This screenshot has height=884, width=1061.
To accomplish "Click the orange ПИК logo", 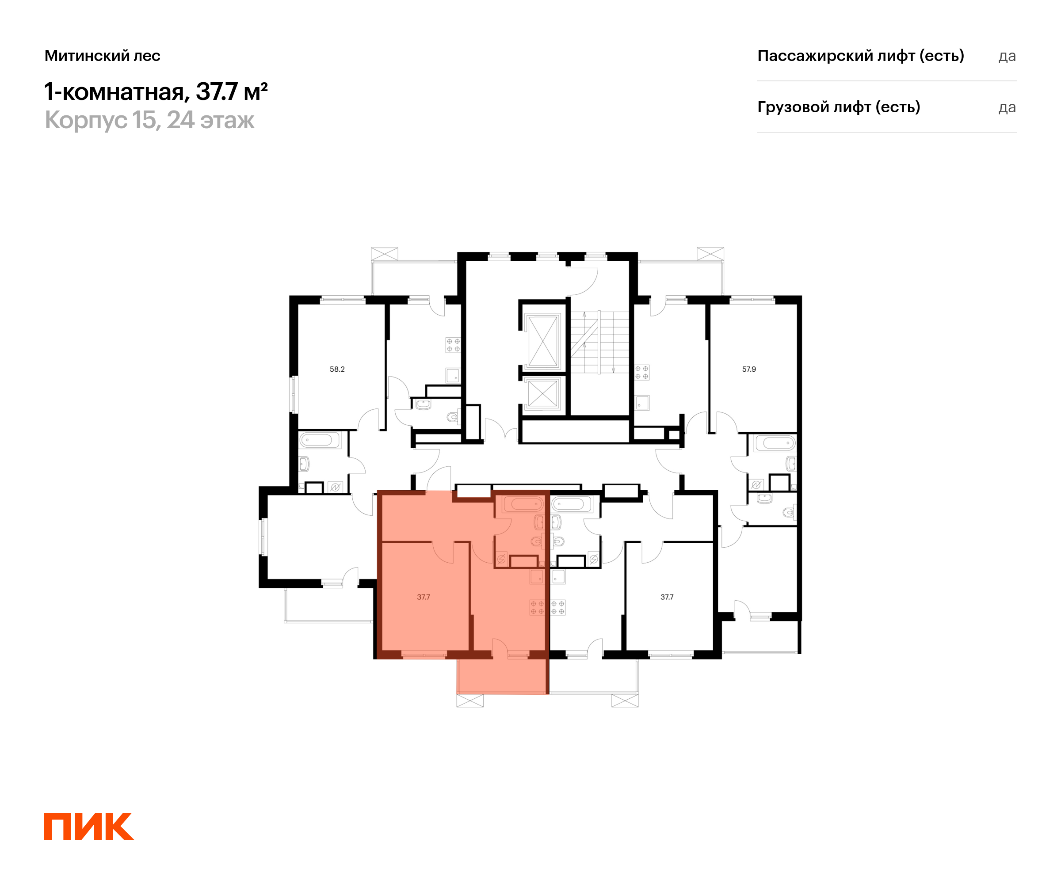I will coord(88,827).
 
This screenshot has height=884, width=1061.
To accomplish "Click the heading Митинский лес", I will coord(102,56).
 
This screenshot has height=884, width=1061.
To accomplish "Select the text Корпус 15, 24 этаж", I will coord(149,120).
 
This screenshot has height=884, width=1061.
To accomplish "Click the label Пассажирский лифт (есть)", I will coord(860,56).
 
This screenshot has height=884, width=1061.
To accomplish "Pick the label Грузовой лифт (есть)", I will coord(838,107).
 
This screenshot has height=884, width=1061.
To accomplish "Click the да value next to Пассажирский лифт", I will coord(1007,56).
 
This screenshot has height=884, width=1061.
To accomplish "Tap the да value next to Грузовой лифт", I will coord(1007,107).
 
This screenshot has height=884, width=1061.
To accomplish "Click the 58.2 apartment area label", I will coord(337,369).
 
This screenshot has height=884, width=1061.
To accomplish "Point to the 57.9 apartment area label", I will coord(749,369).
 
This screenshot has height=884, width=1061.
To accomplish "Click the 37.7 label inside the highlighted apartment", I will coord(424,597).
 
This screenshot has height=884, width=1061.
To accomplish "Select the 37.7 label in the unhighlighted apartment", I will coord(667,597).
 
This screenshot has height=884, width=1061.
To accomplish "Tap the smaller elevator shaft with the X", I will coord(542,393).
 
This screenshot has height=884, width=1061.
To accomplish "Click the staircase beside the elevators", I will coord(600,342).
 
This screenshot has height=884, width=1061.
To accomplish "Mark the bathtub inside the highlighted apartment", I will coord(523,504).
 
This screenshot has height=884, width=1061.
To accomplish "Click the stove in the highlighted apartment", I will coord(537,607).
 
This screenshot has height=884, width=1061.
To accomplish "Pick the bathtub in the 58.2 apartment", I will coord(319,439).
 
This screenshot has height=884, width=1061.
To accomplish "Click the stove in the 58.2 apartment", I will coord(453,345).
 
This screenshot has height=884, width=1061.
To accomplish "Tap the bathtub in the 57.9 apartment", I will coord(775,443).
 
